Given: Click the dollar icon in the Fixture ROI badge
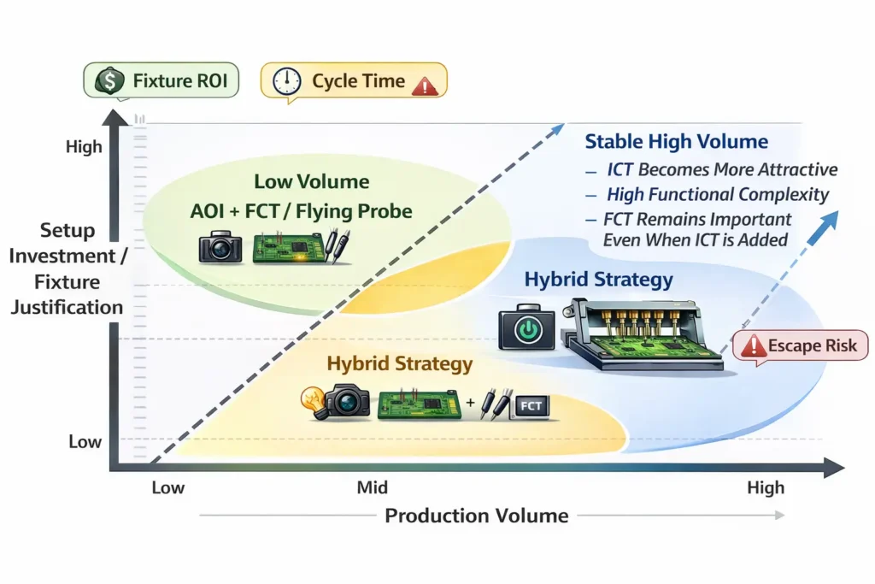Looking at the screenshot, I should [109, 82].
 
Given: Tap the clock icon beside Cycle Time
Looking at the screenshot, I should [286, 82].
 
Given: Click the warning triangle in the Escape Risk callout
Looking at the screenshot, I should [754, 346].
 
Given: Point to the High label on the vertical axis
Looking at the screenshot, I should [84, 147].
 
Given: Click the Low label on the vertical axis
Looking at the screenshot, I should [85, 442].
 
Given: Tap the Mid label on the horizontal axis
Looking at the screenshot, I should [372, 488].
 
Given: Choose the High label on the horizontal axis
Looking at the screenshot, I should [765, 488].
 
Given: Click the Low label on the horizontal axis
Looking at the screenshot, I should [167, 488].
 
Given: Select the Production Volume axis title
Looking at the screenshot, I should [476, 516].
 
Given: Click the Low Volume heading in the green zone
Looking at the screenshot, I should [311, 182].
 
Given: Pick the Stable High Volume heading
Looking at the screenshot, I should [676, 142].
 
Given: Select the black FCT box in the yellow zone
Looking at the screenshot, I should [531, 405].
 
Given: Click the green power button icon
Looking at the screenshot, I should [527, 330].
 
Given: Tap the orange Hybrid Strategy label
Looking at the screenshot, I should [399, 363].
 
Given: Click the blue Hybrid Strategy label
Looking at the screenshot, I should [598, 280].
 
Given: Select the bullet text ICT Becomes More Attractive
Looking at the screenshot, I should [722, 169].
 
